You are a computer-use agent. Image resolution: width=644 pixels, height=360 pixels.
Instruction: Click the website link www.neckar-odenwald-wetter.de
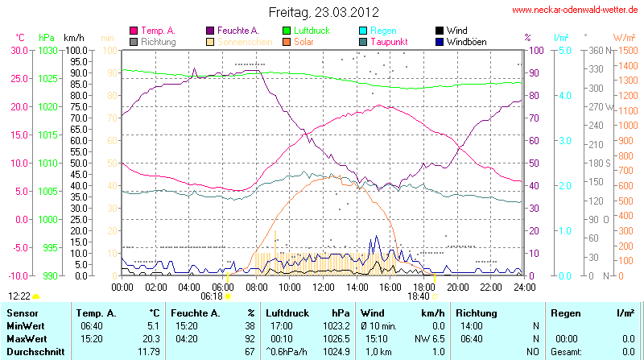tap(576, 10)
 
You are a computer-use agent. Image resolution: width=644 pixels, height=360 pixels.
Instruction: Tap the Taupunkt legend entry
tap(391, 41)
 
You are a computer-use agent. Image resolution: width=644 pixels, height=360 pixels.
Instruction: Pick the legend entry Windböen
tap(468, 41)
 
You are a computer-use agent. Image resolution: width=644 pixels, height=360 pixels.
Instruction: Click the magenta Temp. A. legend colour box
tap(134, 30)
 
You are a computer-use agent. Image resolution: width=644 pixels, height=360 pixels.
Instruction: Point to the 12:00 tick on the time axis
tap(324, 286)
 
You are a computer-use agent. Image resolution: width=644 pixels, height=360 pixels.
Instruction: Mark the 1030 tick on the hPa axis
tap(48, 50)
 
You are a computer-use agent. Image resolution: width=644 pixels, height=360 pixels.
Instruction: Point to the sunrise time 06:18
tap(213, 296)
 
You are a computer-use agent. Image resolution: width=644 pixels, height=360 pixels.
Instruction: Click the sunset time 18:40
tap(419, 296)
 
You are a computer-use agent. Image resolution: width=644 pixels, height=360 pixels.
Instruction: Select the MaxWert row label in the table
tap(26, 339)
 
